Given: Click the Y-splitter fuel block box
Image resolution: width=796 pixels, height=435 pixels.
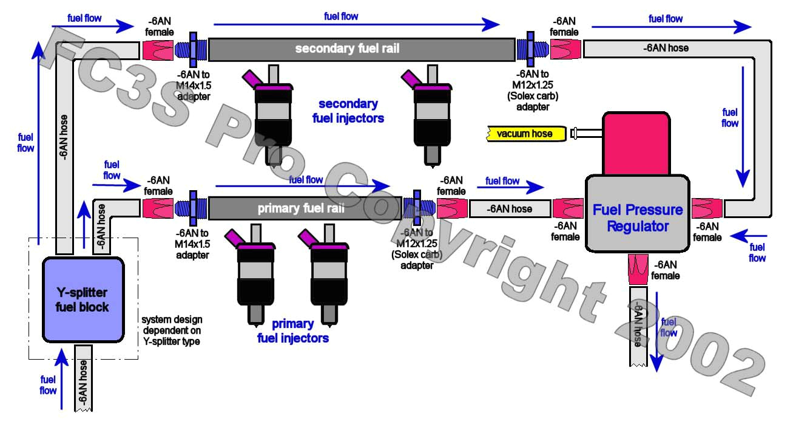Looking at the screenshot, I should (x=83, y=298).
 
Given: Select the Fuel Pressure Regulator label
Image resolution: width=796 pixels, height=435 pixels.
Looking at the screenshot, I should (x=637, y=218).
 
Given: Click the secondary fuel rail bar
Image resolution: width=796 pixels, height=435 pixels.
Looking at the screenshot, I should (x=362, y=49).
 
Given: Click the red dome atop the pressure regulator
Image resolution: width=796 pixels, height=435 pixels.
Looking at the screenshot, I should (x=636, y=143).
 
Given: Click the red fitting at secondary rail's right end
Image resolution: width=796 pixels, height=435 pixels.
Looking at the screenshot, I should (x=565, y=49).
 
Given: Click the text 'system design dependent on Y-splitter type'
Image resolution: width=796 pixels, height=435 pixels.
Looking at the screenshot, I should (x=172, y=331).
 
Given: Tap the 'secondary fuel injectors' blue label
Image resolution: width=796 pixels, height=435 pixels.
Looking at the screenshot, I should (x=348, y=111).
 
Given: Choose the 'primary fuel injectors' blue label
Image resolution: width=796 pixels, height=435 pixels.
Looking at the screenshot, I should (x=293, y=331).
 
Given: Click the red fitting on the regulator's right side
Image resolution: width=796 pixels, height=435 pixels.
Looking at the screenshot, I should (x=707, y=208).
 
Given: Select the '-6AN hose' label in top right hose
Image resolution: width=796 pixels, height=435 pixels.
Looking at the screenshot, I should (x=666, y=48).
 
